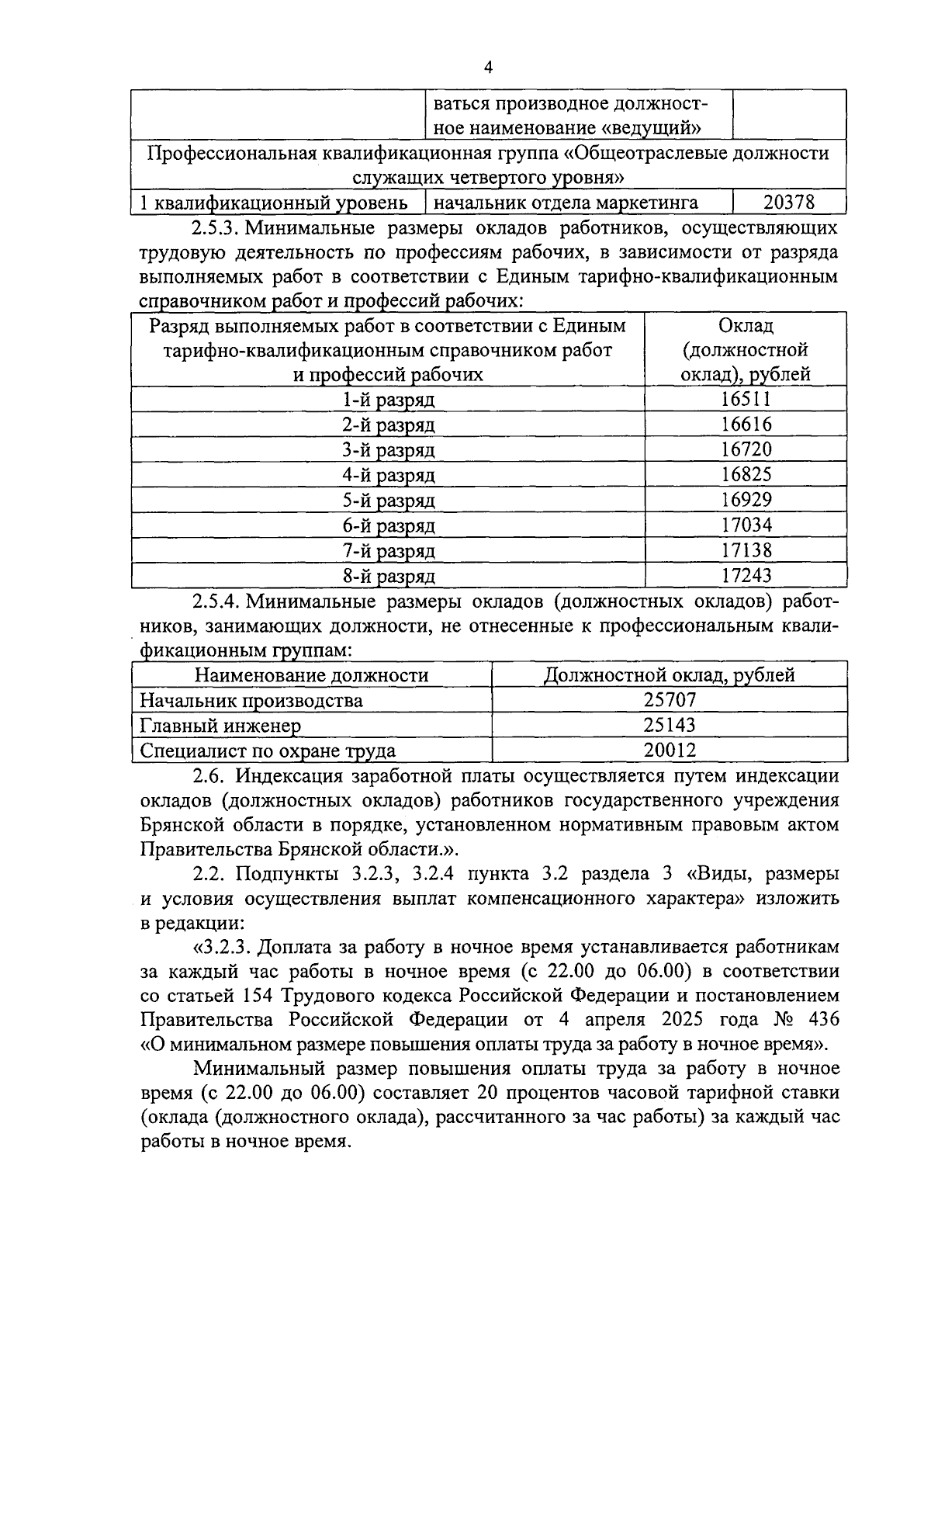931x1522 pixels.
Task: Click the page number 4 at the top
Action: coord(488,68)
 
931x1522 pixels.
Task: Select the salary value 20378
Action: coord(788,203)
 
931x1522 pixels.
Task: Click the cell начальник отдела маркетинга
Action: coord(566,203)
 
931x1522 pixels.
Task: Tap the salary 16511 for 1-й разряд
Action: coord(746,400)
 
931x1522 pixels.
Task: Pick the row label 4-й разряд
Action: coord(389,475)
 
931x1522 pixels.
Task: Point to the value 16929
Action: coord(746,500)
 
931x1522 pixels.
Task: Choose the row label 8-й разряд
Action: coord(389,576)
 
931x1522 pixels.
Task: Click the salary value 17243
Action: coord(746,576)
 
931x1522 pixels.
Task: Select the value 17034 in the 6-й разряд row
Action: coord(746,525)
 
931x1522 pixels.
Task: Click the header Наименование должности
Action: coord(311,675)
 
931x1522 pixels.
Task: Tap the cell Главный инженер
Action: coord(220,726)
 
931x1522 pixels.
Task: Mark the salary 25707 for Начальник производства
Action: coord(670,700)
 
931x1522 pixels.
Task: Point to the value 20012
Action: coord(670,751)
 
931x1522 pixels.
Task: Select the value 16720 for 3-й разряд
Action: coord(746,450)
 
